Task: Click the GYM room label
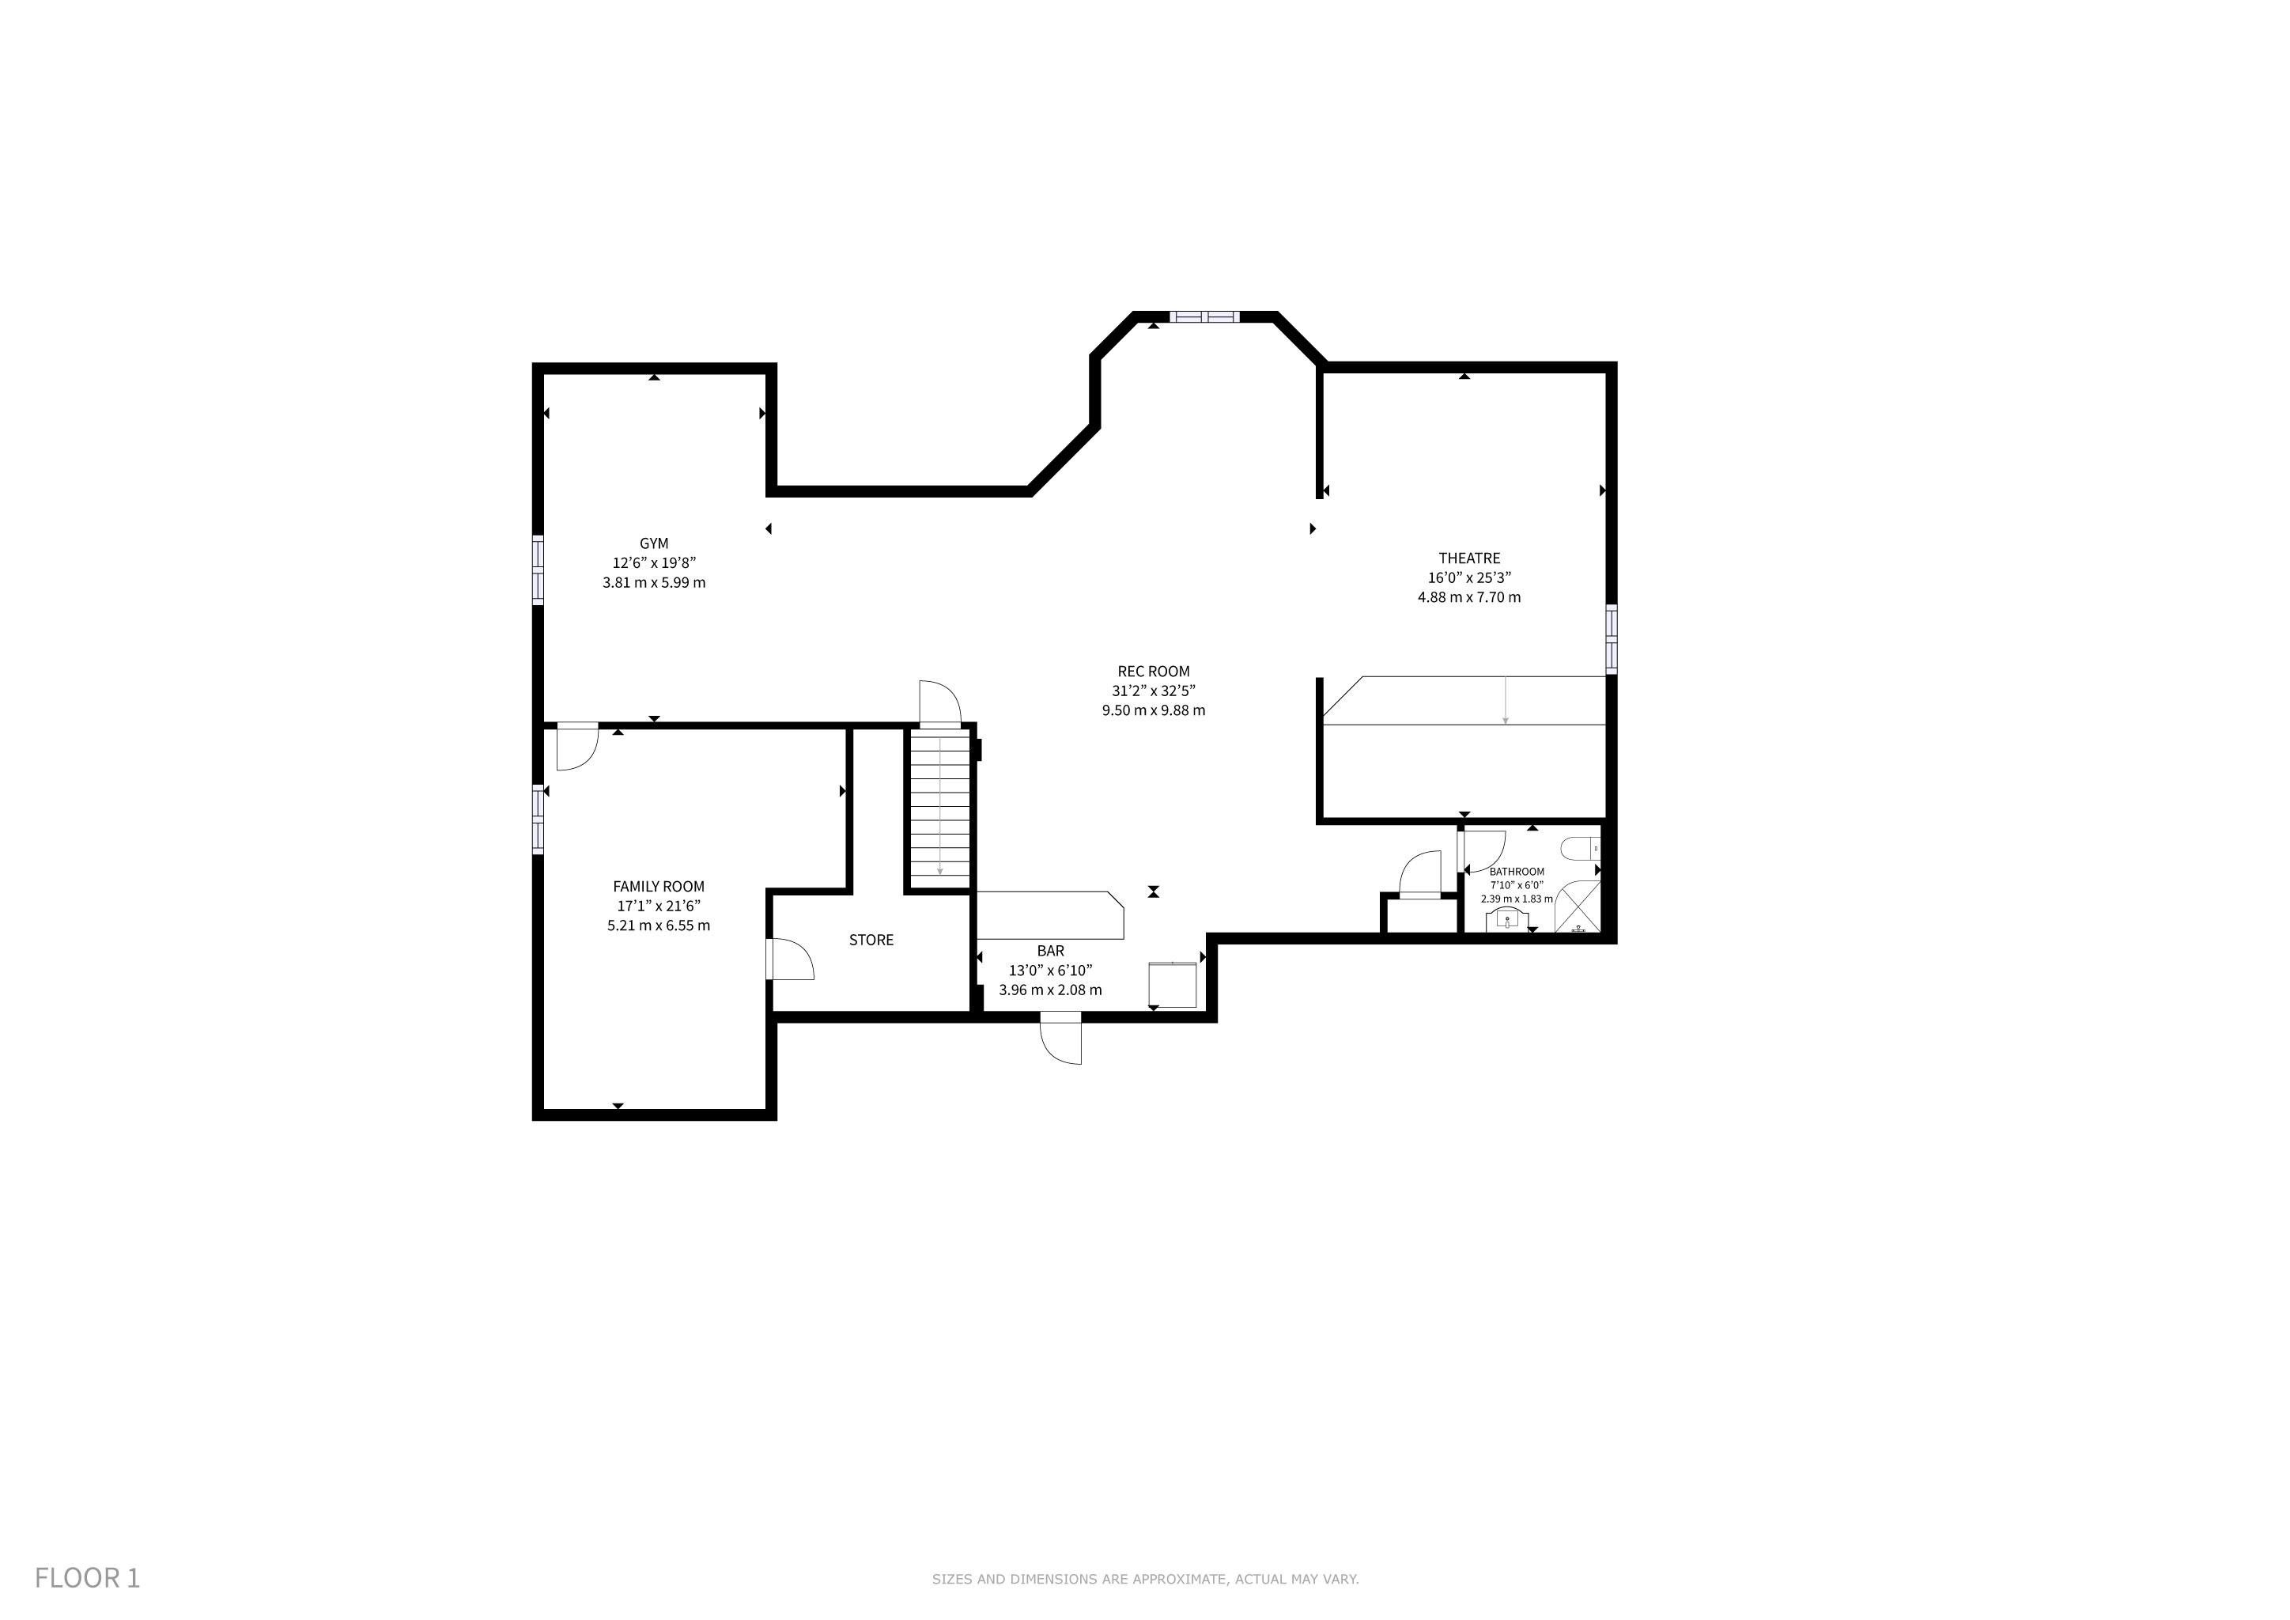[x=653, y=543]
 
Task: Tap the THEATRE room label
[x=1469, y=558]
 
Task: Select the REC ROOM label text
[x=1153, y=672]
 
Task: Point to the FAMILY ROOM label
[x=658, y=886]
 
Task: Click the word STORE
[x=871, y=940]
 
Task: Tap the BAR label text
[x=1050, y=951]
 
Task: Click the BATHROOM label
[x=1516, y=872]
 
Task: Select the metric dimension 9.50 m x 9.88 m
[x=1153, y=710]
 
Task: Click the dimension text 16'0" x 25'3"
[x=1469, y=577]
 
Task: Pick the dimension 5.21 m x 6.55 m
[x=658, y=925]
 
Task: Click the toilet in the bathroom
[x=1581, y=850]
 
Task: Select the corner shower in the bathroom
[x=1578, y=907]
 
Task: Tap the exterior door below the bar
[x=1060, y=1038]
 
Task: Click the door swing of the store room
[x=791, y=959]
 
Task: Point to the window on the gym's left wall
[x=538, y=570]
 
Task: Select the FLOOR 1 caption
[x=88, y=1577]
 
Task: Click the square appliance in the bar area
[x=1172, y=985]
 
